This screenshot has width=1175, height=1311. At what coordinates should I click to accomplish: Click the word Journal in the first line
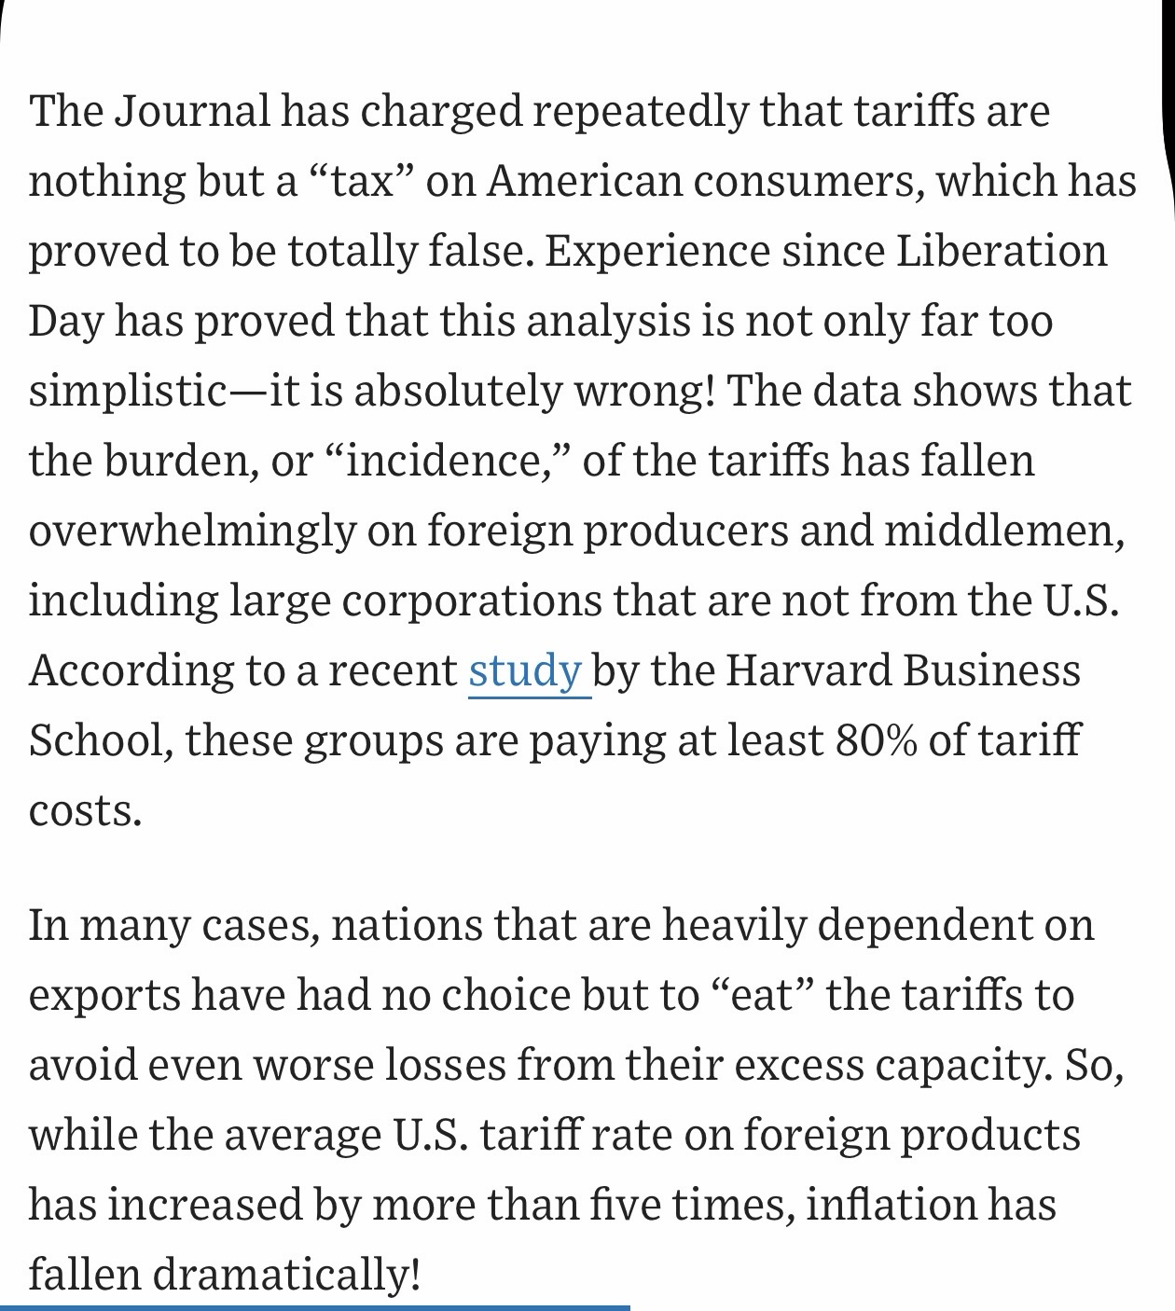[192, 112]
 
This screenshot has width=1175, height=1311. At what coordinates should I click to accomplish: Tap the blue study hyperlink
[525, 671]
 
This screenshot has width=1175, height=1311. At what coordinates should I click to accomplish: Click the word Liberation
[1002, 252]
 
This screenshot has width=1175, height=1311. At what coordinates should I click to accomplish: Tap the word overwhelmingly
[192, 531]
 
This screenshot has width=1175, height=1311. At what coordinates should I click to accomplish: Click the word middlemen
[1003, 531]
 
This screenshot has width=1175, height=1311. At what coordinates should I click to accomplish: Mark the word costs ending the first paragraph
[85, 811]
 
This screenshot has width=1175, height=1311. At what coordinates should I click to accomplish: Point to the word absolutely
[457, 392]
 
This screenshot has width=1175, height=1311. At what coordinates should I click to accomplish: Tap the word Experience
[657, 252]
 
